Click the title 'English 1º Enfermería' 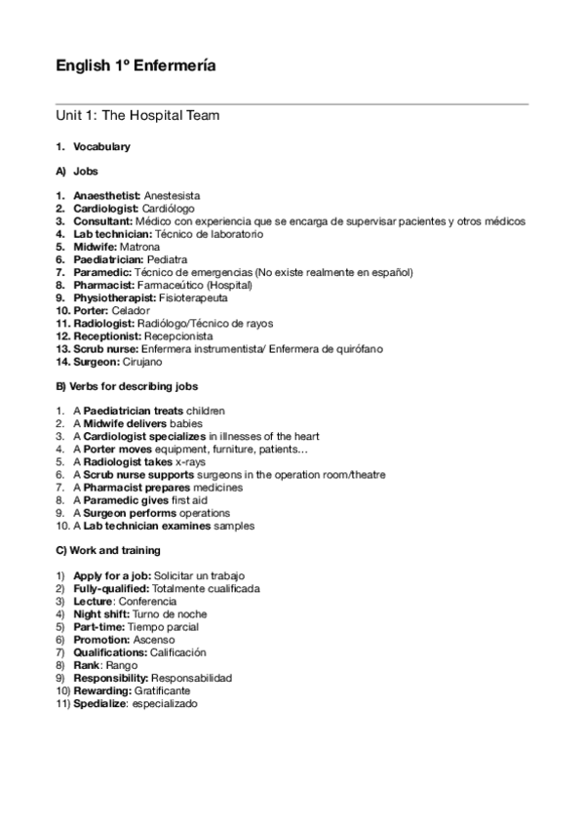[x=136, y=66]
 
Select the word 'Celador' [x=132, y=310]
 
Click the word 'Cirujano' [x=144, y=361]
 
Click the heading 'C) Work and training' [x=108, y=551]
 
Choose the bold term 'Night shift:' [x=100, y=614]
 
